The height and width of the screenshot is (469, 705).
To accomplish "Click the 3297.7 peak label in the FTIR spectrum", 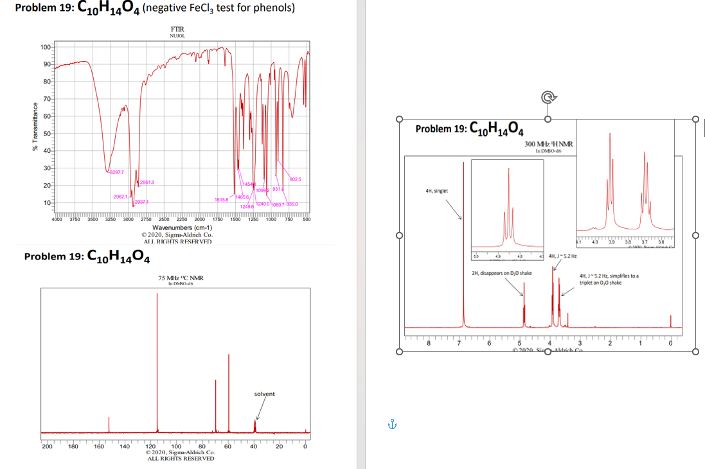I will (x=117, y=172).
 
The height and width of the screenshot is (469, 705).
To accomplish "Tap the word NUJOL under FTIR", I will (x=177, y=36).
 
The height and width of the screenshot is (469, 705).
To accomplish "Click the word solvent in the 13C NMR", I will (x=264, y=394).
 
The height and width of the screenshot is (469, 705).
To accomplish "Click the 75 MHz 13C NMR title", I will (x=181, y=278).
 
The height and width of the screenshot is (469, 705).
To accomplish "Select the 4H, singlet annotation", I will (x=437, y=191).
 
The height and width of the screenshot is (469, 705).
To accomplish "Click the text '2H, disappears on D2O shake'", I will (x=502, y=273).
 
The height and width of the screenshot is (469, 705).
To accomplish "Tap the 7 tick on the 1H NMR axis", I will (x=459, y=343).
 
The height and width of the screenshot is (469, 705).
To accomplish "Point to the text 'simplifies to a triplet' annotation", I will (x=608, y=279).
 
